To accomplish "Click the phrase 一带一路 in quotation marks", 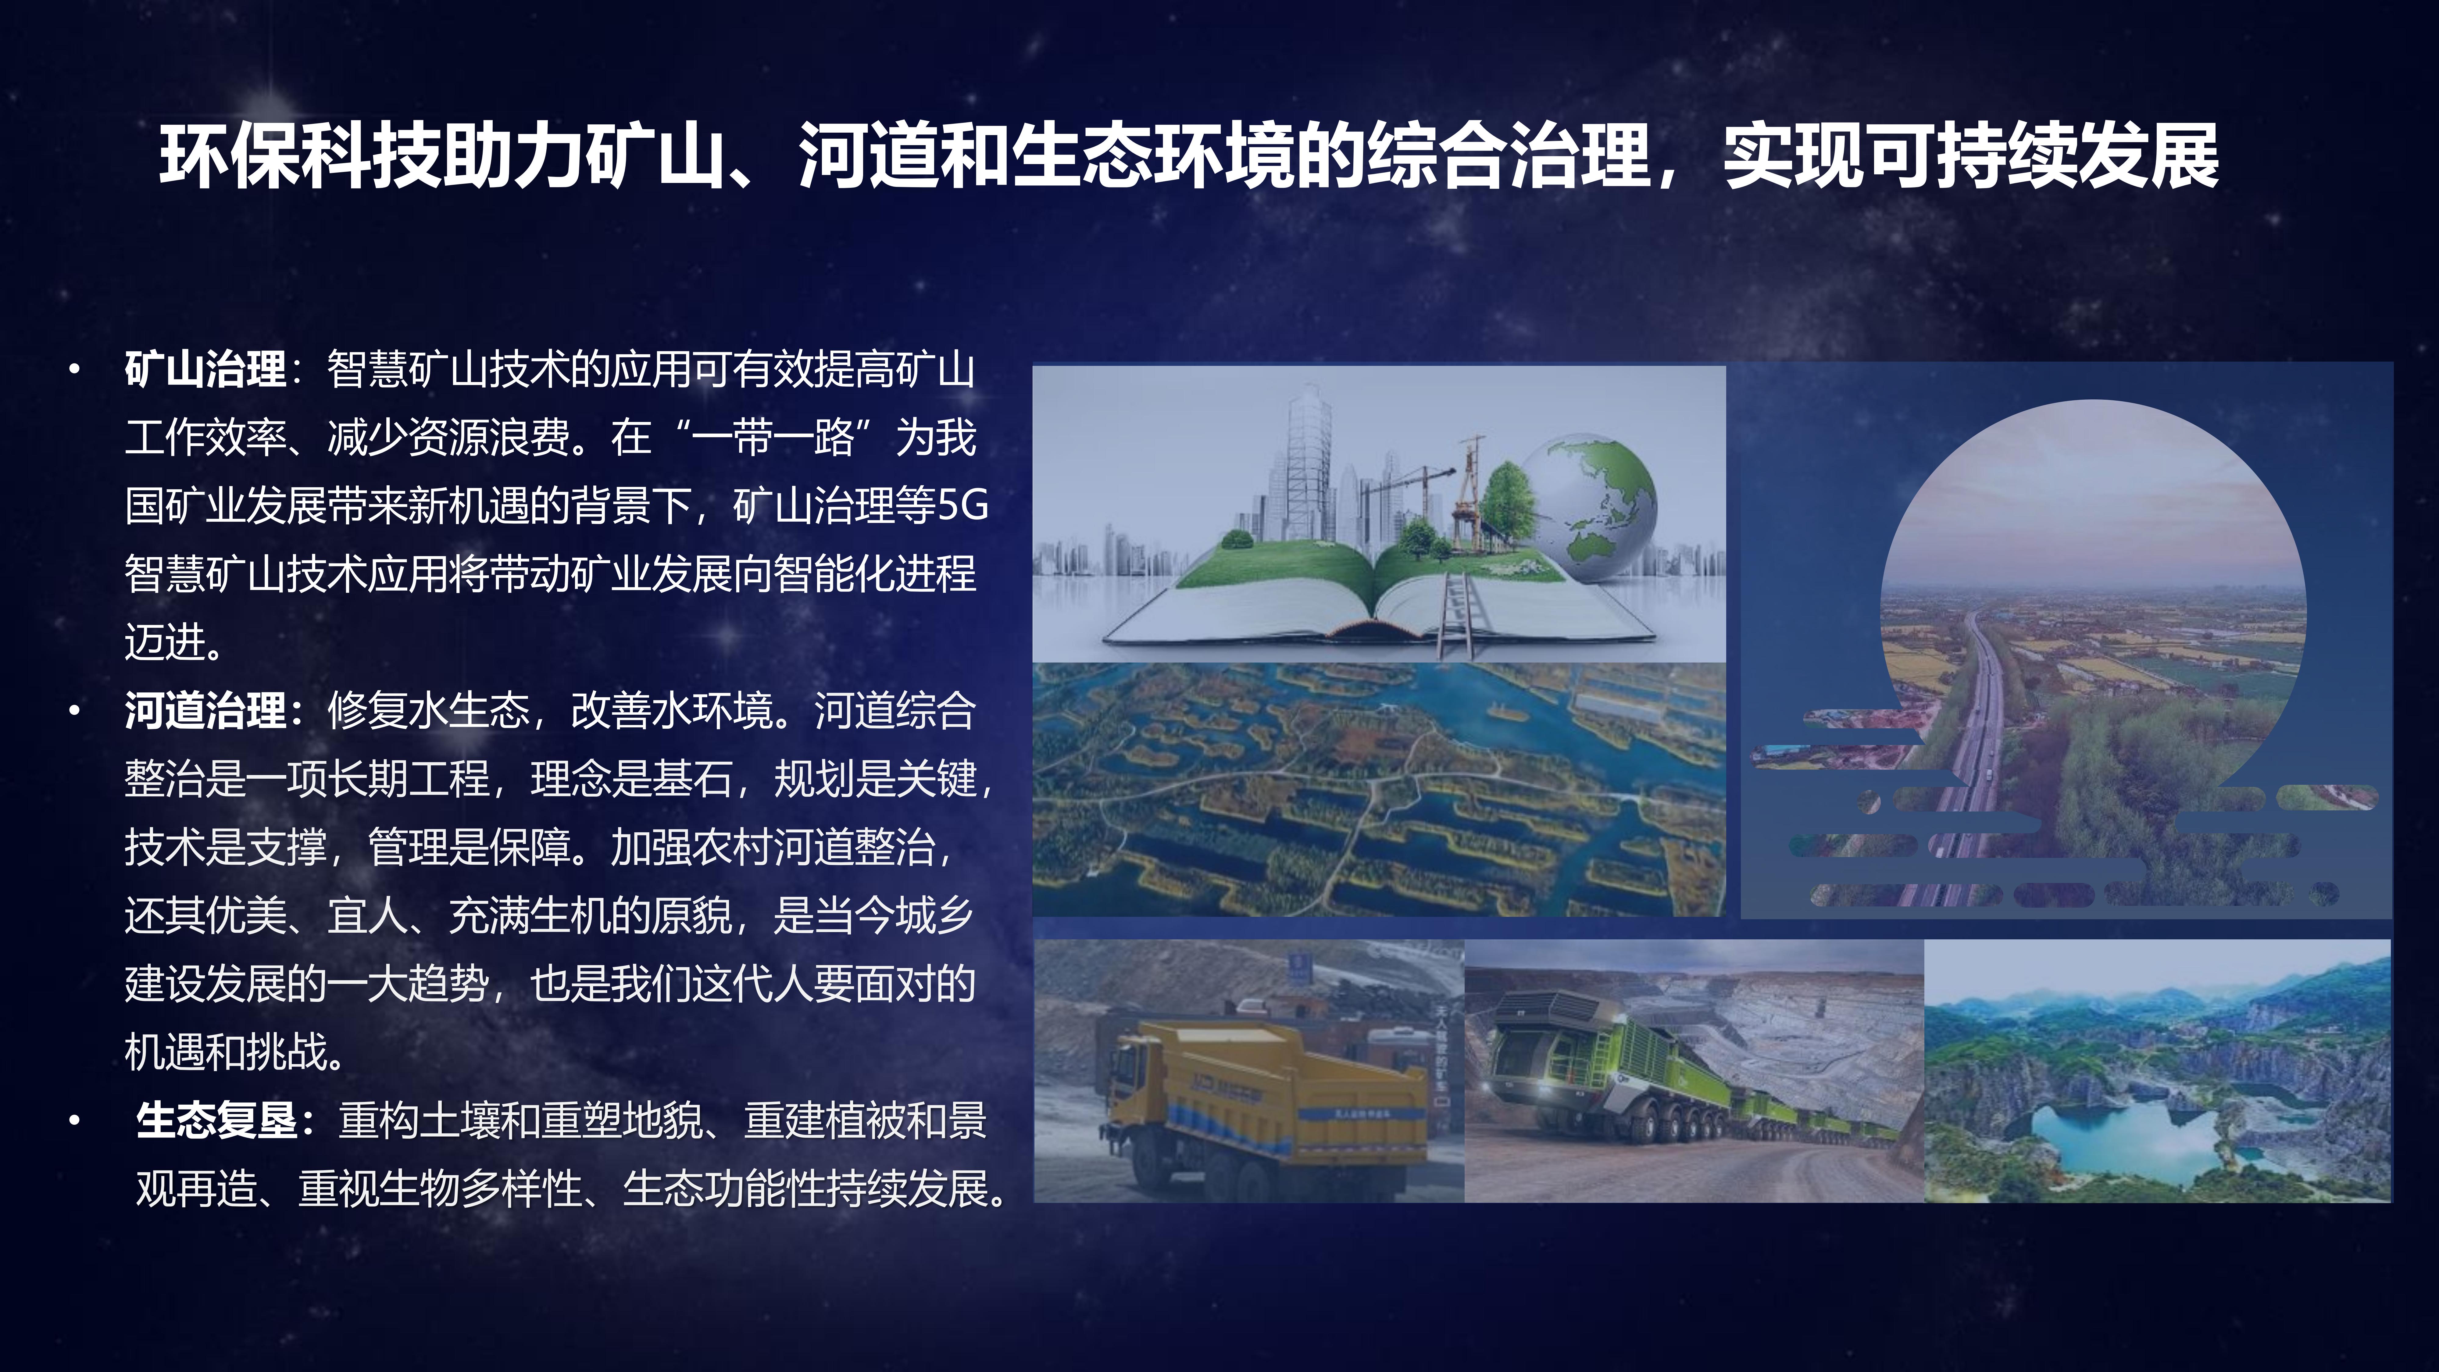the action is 773,438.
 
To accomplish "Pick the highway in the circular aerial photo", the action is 1969,748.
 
